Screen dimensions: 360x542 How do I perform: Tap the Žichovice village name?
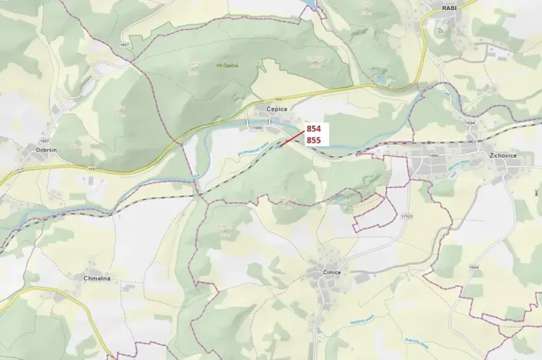click(x=503, y=155)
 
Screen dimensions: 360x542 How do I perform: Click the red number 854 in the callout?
click(x=314, y=128)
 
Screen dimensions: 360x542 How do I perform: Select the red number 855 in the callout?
click(x=314, y=141)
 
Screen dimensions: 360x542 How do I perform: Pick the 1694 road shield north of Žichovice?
click(x=471, y=122)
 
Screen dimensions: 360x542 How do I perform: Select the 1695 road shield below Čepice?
click(x=258, y=128)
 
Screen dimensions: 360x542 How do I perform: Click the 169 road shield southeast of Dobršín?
click(x=91, y=169)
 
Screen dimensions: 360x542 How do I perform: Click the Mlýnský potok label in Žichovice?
click(x=459, y=166)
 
